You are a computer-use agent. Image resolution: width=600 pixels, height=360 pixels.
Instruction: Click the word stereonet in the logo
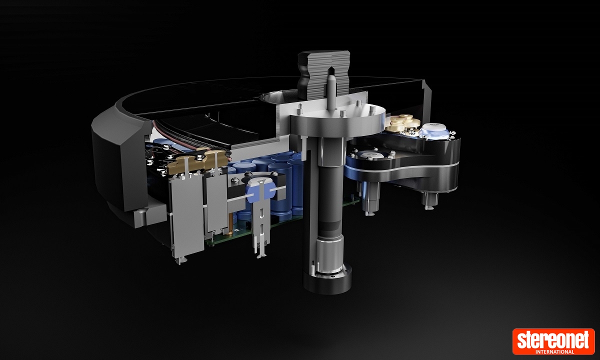[x=553, y=339]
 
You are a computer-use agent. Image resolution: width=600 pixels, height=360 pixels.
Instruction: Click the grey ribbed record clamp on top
[x=323, y=74]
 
